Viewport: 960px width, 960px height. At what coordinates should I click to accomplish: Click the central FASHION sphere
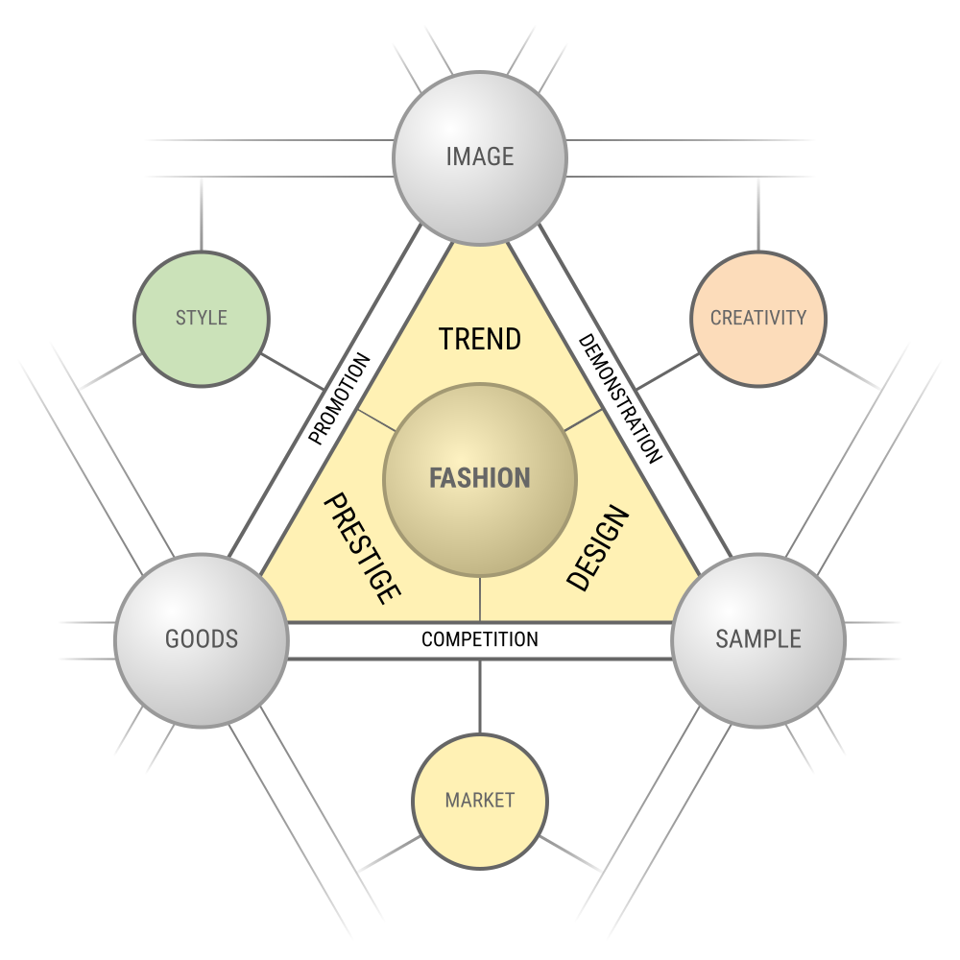point(480,480)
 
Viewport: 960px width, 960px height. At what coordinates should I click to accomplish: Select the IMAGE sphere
point(480,158)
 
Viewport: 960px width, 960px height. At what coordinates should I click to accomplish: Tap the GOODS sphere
point(202,640)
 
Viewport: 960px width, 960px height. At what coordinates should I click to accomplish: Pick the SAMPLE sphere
point(758,640)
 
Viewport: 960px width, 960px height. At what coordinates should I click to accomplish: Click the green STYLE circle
point(202,319)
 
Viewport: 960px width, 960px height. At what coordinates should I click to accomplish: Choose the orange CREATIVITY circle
point(758,319)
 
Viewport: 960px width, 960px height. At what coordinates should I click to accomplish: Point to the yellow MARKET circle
point(480,802)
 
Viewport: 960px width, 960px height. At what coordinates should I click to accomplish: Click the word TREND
point(480,339)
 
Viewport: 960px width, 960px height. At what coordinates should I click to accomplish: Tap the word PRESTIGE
point(363,548)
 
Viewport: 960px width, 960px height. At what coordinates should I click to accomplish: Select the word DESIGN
point(597,548)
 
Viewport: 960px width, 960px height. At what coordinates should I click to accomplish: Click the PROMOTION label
point(339,398)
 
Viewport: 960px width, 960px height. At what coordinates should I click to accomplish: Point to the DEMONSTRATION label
point(620,398)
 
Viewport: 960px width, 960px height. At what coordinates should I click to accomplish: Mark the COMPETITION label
point(480,639)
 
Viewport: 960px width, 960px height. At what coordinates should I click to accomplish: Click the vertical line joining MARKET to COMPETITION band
point(480,697)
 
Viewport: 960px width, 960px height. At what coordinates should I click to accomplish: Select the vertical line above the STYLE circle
point(202,214)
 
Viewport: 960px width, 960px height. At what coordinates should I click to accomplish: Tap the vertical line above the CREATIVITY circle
point(758,214)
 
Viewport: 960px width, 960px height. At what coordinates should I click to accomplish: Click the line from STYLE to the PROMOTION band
point(293,372)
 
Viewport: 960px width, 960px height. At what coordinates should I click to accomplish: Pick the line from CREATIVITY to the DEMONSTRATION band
point(667,372)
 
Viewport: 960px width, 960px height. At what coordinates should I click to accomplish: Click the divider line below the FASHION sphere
point(480,599)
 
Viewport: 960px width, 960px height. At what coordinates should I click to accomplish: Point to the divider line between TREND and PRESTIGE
point(376,420)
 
